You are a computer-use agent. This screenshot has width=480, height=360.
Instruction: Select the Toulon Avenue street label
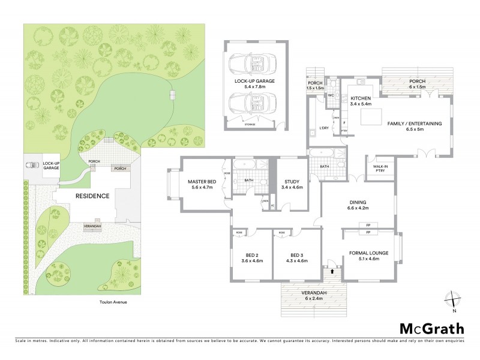coord(113,302)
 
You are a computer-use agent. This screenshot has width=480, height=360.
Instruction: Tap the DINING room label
coord(358,202)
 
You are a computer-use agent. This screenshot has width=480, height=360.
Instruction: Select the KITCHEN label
coord(361,98)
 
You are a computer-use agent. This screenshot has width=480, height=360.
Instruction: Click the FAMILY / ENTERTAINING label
coord(415,123)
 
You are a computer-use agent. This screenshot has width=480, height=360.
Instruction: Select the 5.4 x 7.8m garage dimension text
coord(253,86)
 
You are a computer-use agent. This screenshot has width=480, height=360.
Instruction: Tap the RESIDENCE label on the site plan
coord(92,196)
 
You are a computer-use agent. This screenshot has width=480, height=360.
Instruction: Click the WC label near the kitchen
coord(331,95)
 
